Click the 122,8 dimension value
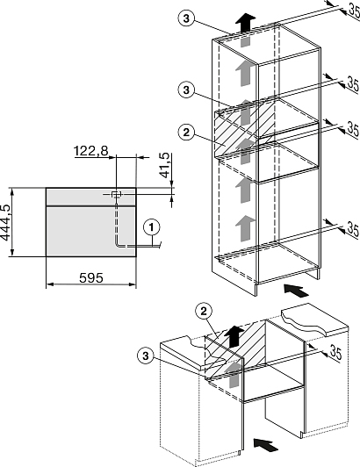click(x=91, y=151)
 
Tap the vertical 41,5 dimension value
click(x=165, y=166)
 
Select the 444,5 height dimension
click(x=5, y=222)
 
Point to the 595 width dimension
click(x=91, y=278)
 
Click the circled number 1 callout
click(x=152, y=228)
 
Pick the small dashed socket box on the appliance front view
click(x=116, y=195)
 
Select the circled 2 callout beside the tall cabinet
click(x=186, y=133)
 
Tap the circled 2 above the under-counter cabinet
click(x=204, y=312)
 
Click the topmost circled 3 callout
click(x=186, y=18)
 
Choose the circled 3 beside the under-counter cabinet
click(x=146, y=356)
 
